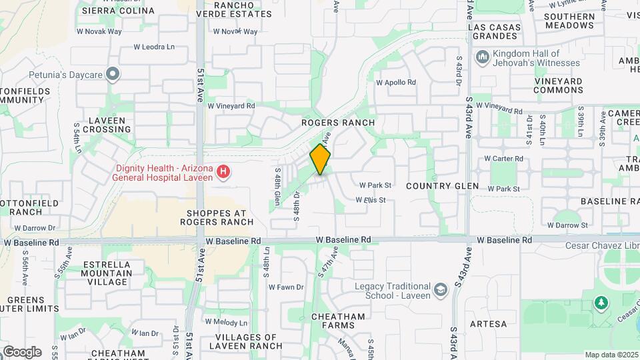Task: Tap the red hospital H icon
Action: pyautogui.click(x=224, y=173)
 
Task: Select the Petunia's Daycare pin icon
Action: pyautogui.click(x=113, y=73)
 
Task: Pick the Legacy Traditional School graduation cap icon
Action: pyautogui.click(x=439, y=290)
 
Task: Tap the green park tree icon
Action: pyautogui.click(x=601, y=303)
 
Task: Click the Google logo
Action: pyautogui.click(x=22, y=351)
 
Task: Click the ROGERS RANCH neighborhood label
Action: pyautogui.click(x=338, y=123)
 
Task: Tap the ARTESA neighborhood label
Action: pyautogui.click(x=488, y=325)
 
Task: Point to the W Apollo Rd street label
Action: pyautogui.click(x=396, y=83)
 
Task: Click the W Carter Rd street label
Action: pyautogui.click(x=503, y=159)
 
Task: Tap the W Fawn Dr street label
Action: pyautogui.click(x=286, y=287)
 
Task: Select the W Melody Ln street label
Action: pyautogui.click(x=227, y=322)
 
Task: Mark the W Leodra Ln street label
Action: pyautogui.click(x=153, y=47)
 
